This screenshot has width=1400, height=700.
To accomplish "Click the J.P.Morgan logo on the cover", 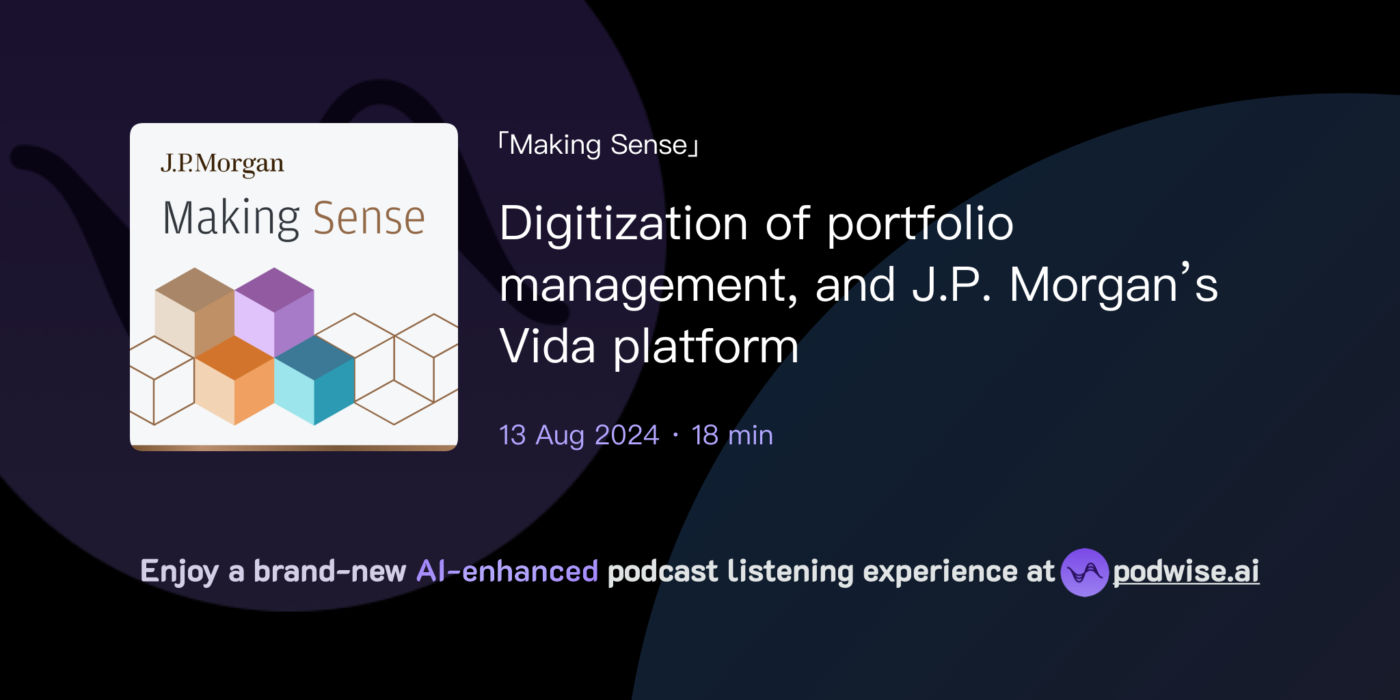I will (222, 164).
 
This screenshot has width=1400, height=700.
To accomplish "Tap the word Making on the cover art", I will (231, 219).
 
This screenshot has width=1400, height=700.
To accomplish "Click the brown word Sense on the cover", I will (369, 219).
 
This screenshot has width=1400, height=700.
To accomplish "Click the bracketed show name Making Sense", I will (598, 146).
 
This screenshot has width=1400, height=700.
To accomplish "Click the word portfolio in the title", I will (920, 224).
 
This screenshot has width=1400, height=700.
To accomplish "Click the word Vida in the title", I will (548, 347).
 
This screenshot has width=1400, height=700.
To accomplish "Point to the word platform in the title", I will (705, 347).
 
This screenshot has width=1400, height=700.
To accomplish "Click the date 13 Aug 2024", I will (579, 435).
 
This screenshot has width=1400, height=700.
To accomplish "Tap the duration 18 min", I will (732, 435).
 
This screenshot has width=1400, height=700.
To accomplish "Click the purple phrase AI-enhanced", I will (507, 571).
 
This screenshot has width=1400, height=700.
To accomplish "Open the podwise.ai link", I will (1186, 572).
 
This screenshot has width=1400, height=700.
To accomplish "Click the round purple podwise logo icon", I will (1084, 572).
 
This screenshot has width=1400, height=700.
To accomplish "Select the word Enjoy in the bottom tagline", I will (179, 571).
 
